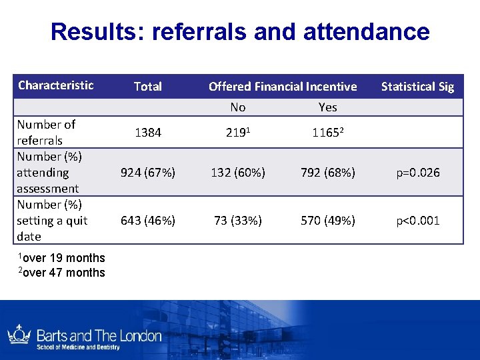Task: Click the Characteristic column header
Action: click(56, 85)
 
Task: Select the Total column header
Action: click(148, 86)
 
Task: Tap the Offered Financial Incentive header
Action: click(283, 86)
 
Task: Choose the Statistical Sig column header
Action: click(417, 86)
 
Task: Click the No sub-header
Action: click(238, 107)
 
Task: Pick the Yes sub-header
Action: click(328, 107)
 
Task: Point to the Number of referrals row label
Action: click(47, 132)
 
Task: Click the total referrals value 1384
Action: click(148, 133)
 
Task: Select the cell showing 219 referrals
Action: click(238, 133)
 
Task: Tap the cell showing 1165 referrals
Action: click(328, 133)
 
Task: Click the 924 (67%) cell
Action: click(148, 173)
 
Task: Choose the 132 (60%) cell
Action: click(238, 173)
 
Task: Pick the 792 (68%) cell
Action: click(328, 173)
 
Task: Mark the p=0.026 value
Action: click(417, 173)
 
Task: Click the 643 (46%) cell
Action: click(148, 221)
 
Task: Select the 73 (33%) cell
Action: click(238, 221)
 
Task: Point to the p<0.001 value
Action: click(417, 221)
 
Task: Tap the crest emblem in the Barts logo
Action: click(19, 335)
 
